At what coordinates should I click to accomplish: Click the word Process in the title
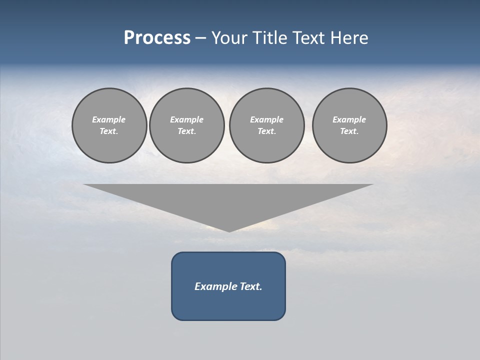pyautogui.click(x=157, y=38)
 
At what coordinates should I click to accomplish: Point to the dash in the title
pyautogui.click(x=201, y=38)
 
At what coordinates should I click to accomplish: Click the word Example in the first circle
pyautogui.click(x=109, y=119)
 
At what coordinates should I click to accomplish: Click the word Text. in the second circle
pyautogui.click(x=186, y=131)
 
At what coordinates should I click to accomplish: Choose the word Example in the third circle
pyautogui.click(x=266, y=119)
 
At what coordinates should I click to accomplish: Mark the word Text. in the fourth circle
pyautogui.click(x=349, y=131)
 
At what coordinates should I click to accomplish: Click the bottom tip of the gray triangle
pyautogui.click(x=229, y=230)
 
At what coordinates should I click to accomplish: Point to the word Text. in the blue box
pyautogui.click(x=251, y=286)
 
